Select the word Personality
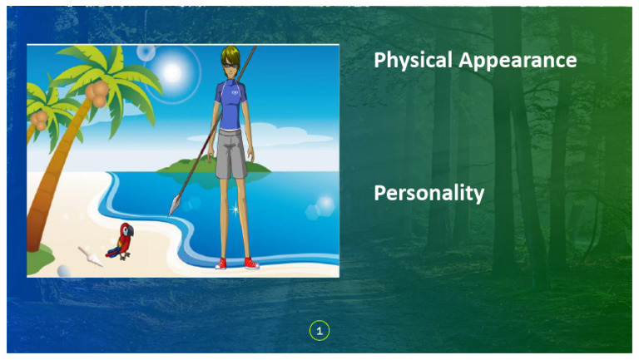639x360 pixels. pyautogui.click(x=428, y=194)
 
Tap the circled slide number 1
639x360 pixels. pyautogui.click(x=319, y=331)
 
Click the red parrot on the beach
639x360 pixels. pyautogui.click(x=121, y=241)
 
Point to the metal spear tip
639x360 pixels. pyautogui.click(x=175, y=203)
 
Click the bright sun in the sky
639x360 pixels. pyautogui.click(x=172, y=72)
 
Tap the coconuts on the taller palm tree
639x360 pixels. pyautogui.click(x=98, y=95)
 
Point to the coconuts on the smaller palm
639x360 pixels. pyautogui.click(x=39, y=121)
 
